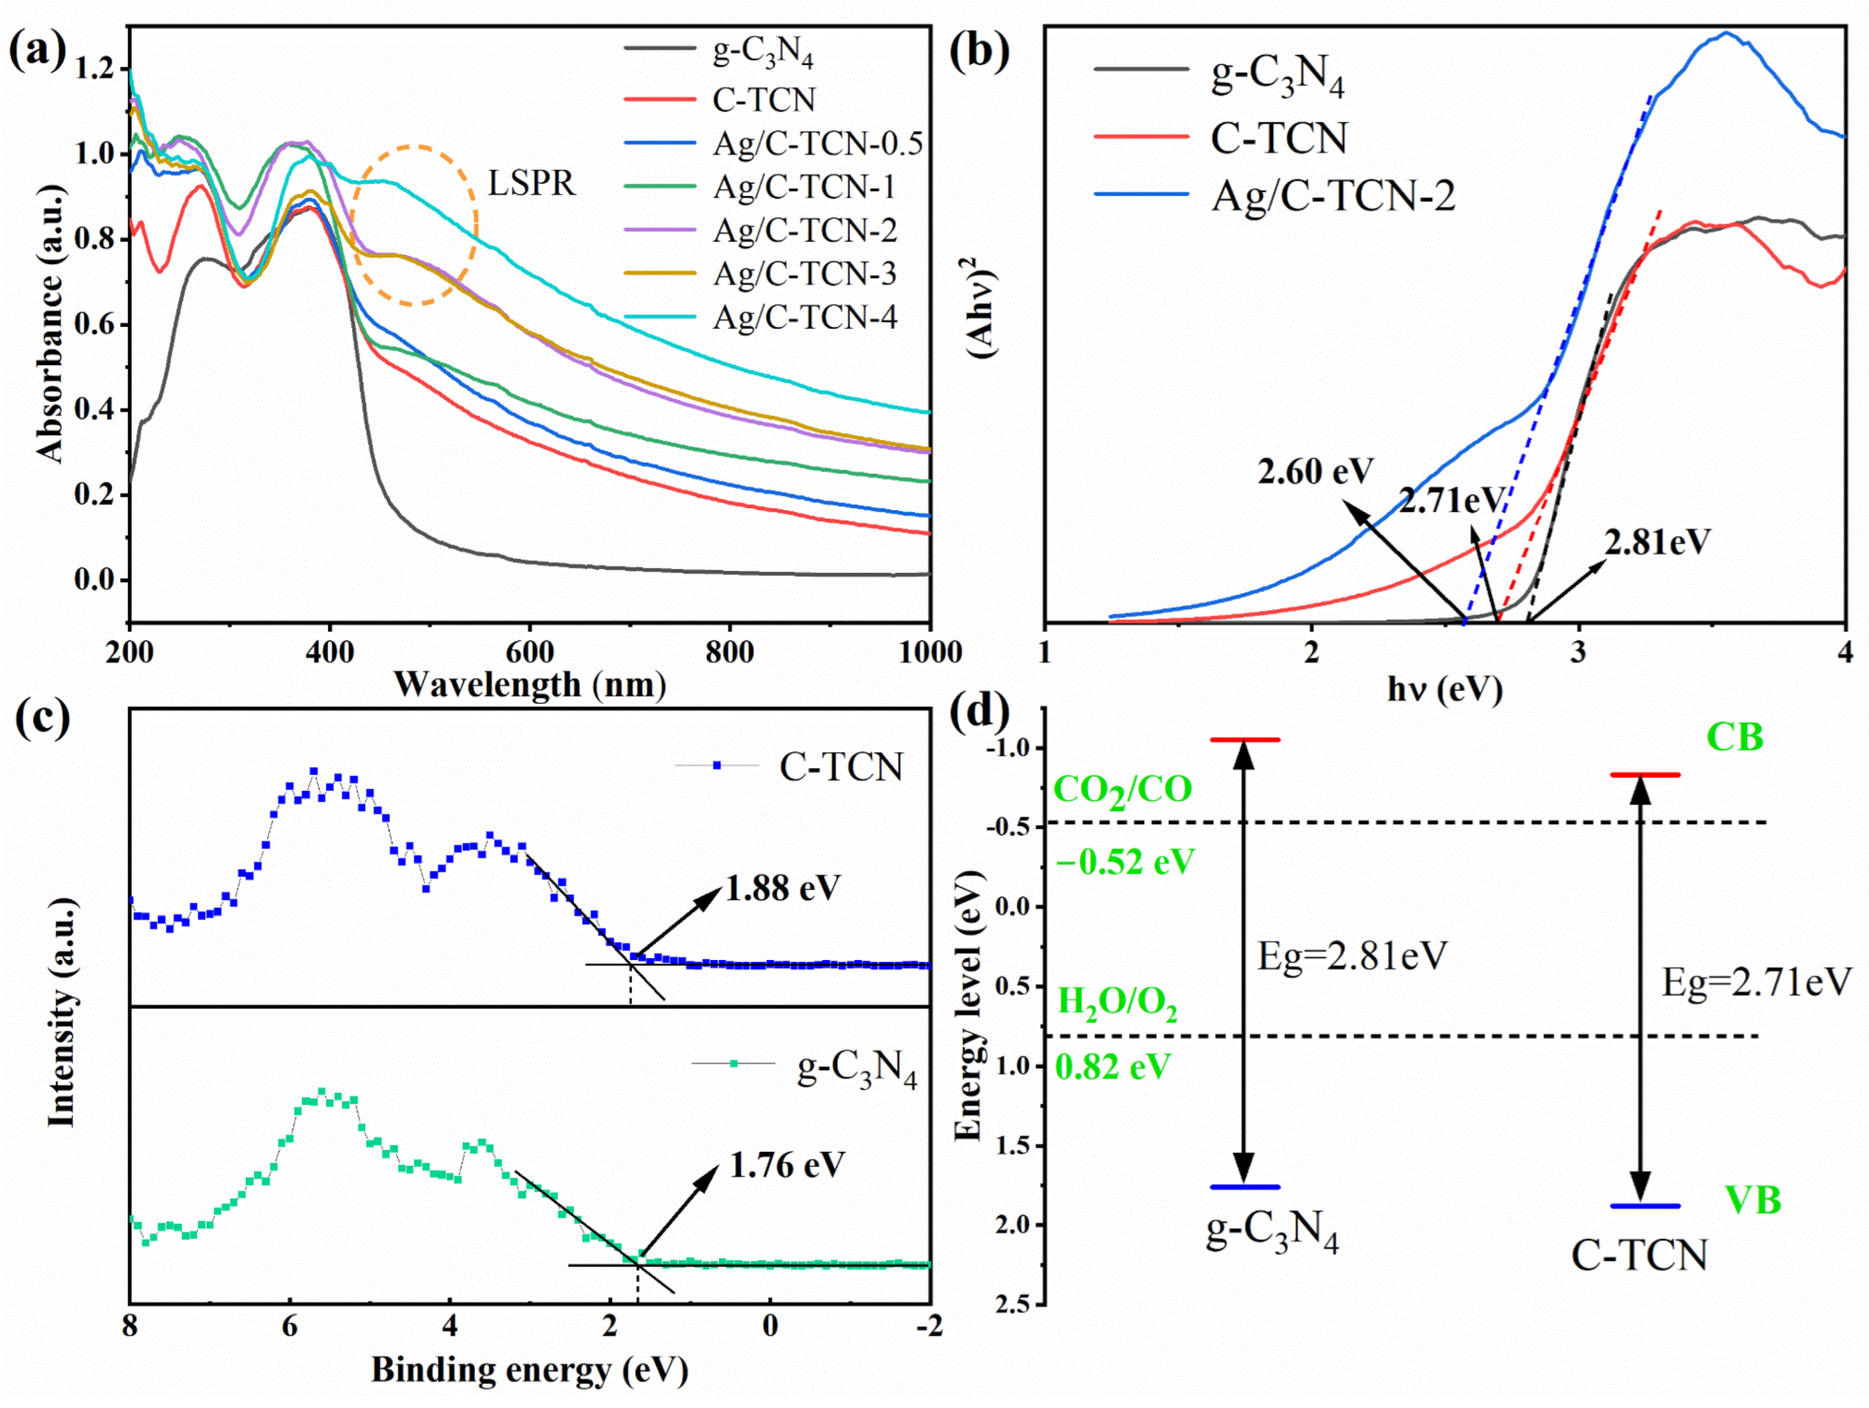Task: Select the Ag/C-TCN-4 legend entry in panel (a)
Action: pyautogui.click(x=804, y=318)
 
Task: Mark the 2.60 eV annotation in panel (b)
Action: pyautogui.click(x=1316, y=471)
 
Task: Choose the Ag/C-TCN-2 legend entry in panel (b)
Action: pyautogui.click(x=1333, y=197)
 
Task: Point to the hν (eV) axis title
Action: pyautogui.click(x=1445, y=689)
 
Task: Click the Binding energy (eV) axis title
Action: pyautogui.click(x=530, y=1369)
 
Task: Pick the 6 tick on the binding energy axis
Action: pyautogui.click(x=290, y=1327)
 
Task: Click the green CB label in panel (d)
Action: pyautogui.click(x=1734, y=738)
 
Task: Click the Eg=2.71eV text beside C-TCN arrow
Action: pyautogui.click(x=1756, y=983)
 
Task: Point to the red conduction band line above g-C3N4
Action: pyautogui.click(x=1245, y=739)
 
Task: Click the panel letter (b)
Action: pyautogui.click(x=979, y=52)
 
